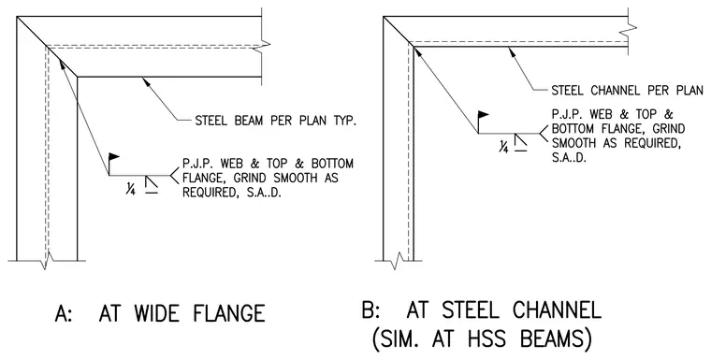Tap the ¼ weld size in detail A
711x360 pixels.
point(131,187)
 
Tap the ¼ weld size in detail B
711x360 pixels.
point(503,147)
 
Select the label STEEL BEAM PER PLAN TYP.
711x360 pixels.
point(275,121)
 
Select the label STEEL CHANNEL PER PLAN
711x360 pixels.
point(627,90)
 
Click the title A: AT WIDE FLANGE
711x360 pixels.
point(160,313)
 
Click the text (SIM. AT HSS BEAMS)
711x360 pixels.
point(482,339)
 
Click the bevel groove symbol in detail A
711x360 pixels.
point(152,185)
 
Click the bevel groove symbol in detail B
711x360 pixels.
point(520,141)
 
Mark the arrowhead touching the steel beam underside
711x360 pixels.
point(146,81)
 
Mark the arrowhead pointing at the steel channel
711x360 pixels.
point(512,50)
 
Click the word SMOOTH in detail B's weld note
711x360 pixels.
point(573,143)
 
